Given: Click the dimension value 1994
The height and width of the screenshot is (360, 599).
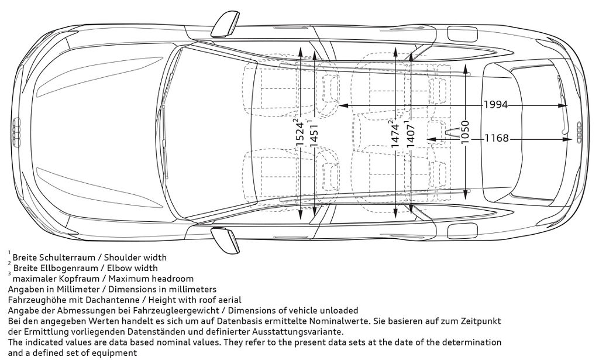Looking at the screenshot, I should (495, 105).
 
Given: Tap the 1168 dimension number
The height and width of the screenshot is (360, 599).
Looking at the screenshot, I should (497, 139).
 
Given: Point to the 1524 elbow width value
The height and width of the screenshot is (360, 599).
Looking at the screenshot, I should (299, 134).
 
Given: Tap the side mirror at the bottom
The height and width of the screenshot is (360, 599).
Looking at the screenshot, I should (225, 239).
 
